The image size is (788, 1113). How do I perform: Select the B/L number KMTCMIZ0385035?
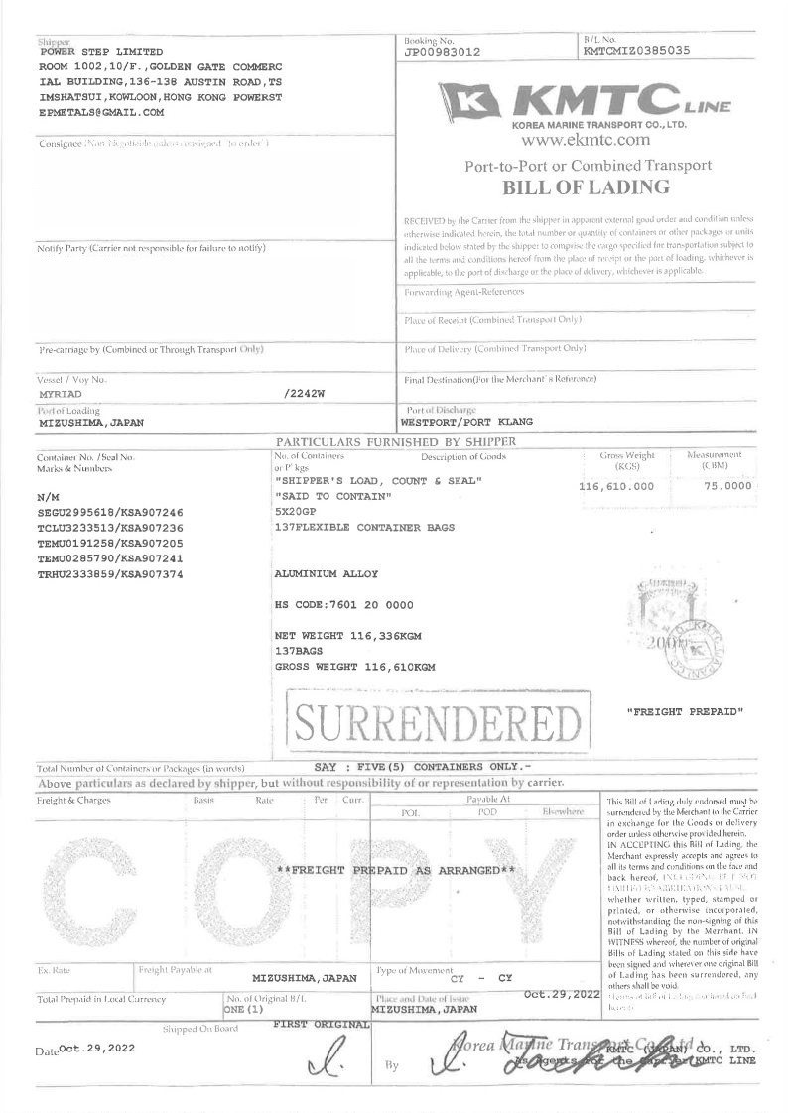click(635, 50)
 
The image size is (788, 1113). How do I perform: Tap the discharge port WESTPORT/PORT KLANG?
click(466, 421)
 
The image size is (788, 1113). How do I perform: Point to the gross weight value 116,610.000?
click(616, 487)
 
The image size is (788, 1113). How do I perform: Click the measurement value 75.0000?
click(727, 487)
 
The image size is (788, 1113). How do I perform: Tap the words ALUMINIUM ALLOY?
click(326, 574)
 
